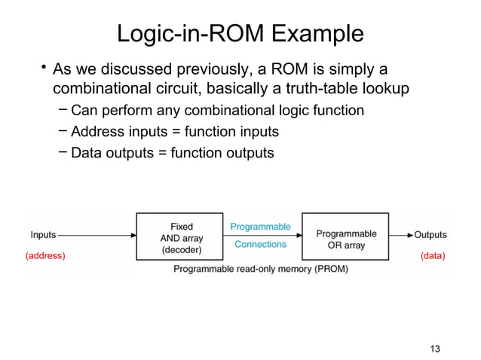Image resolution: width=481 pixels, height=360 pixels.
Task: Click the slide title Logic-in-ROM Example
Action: point(240,34)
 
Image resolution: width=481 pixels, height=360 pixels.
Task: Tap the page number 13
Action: point(434,348)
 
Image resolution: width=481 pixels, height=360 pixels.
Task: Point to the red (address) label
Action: point(45,256)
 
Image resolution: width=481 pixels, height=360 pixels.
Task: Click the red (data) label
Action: point(433,256)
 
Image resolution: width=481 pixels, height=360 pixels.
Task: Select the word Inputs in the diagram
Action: point(43,235)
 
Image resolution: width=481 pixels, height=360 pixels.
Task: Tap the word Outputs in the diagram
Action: point(430,235)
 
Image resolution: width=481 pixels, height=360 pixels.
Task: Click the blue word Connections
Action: point(260,244)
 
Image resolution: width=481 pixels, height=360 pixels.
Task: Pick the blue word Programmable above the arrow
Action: point(260,226)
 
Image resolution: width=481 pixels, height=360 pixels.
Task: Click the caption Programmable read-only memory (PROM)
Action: point(261,269)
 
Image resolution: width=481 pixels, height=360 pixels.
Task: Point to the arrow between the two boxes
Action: point(260,235)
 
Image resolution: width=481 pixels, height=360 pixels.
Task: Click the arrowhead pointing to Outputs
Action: point(409,235)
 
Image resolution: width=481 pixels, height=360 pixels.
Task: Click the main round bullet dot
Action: point(44,70)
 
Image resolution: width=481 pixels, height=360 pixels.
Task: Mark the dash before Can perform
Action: point(63,111)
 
